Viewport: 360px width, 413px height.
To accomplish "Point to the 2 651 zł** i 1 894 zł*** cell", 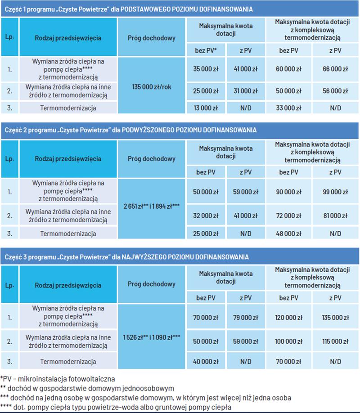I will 151,206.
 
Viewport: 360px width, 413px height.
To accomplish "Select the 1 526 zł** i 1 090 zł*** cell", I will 151,336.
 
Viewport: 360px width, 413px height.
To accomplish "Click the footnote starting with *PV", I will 58,379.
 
